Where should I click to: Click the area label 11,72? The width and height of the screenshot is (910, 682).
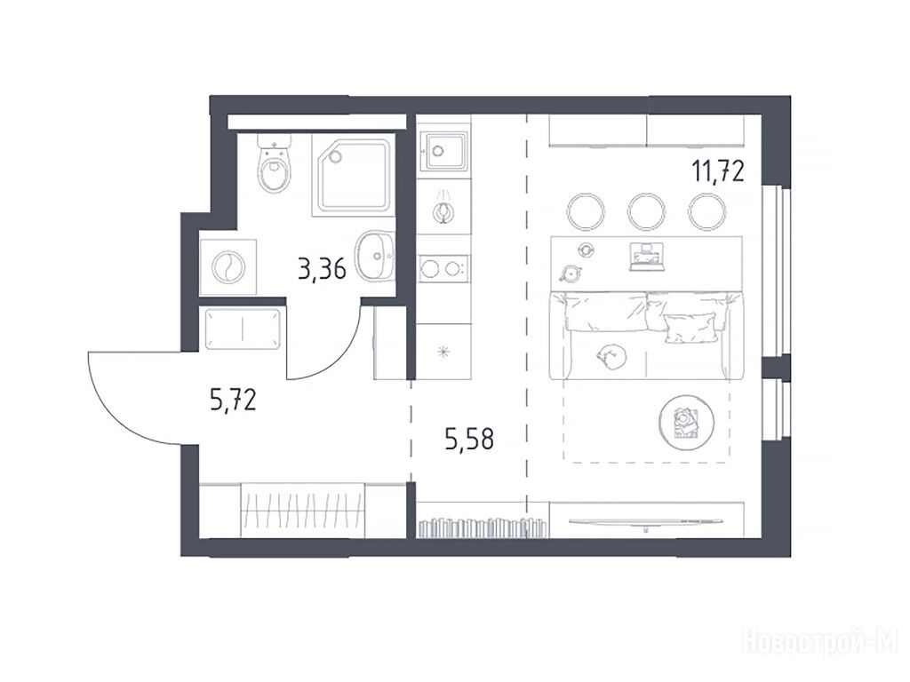pos(717,171)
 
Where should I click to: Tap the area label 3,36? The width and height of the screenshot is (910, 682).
pos(322,269)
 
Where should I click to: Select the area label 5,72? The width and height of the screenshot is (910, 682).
pos(233,400)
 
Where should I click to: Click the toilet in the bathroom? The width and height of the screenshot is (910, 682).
pos(274,164)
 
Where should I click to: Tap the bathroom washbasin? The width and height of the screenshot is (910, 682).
pos(376,256)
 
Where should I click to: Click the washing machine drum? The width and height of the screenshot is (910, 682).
pos(228,267)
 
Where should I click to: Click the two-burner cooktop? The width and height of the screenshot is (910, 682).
pos(444,268)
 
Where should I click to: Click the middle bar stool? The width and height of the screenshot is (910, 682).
pos(645,211)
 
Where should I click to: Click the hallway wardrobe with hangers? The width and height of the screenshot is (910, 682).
pos(303,511)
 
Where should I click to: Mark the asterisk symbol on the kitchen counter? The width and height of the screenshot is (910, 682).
pos(444,352)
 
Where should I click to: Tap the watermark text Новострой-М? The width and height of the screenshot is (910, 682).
pos(820,643)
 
